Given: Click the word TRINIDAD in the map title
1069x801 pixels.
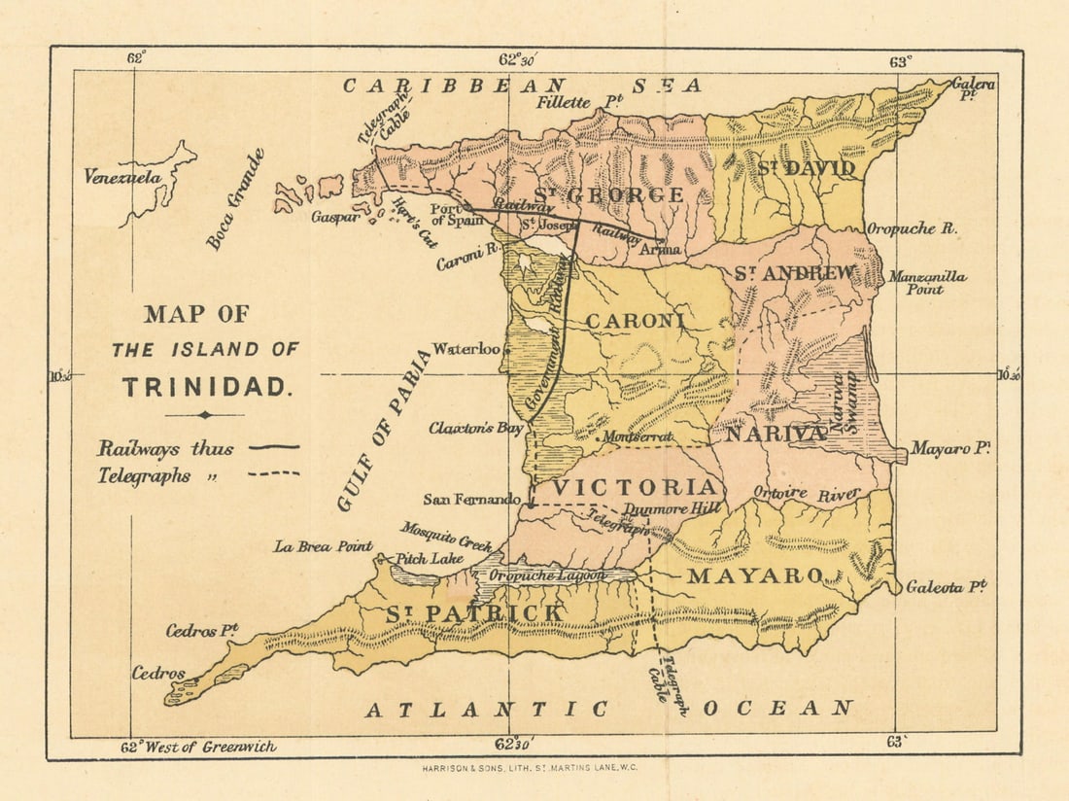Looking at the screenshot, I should [206, 387].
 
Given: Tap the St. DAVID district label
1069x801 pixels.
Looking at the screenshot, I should [807, 168].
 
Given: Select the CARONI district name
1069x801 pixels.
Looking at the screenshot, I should [635, 320].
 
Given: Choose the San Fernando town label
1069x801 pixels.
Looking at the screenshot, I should [472, 499].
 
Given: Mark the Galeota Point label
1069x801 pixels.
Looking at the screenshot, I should [946, 587].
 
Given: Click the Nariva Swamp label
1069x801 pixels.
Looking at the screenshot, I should [843, 400].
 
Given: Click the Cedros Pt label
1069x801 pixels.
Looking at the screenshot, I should [202, 631].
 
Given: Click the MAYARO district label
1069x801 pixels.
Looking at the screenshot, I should [756, 575].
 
